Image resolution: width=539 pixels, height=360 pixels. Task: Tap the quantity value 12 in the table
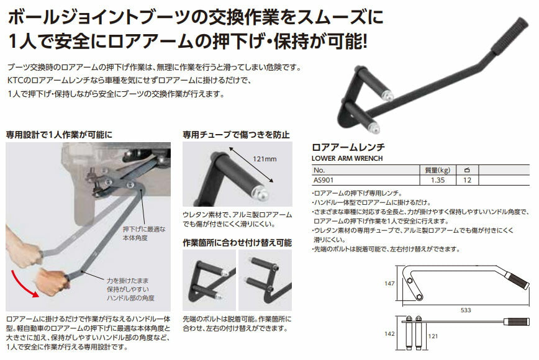[x=467, y=180]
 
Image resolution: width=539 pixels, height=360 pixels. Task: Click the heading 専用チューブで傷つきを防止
[x=236, y=134]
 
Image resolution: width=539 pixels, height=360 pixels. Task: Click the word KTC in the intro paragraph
[x=15, y=81]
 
